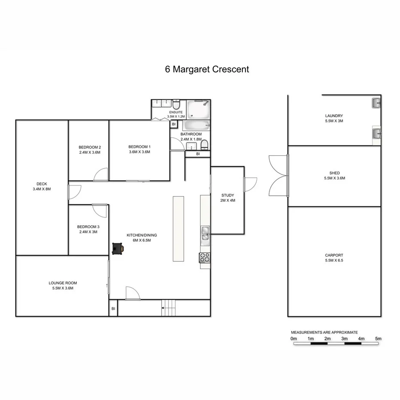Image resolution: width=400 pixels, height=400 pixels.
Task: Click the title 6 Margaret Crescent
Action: click(x=207, y=69)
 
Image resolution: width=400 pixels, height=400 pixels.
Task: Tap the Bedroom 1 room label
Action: click(x=139, y=146)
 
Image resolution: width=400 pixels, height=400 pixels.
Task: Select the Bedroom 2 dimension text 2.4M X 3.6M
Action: click(x=90, y=152)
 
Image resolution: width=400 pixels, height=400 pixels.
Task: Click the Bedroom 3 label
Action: click(x=88, y=227)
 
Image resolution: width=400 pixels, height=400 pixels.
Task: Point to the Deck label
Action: click(x=42, y=184)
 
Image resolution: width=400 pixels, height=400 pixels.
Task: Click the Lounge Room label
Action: click(x=63, y=283)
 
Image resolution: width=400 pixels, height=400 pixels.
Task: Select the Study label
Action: click(x=227, y=195)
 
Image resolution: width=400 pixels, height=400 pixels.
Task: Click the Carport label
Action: click(x=334, y=255)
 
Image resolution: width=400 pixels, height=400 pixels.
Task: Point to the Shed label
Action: click(x=334, y=173)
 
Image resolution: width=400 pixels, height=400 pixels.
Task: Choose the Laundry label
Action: click(x=334, y=115)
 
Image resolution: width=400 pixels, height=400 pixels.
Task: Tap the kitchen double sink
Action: click(x=205, y=233)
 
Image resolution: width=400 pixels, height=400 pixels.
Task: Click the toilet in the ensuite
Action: click(x=176, y=105)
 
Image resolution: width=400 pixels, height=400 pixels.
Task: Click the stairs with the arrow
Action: click(x=169, y=308)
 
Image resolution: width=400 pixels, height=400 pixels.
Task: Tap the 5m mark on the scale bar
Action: click(x=378, y=339)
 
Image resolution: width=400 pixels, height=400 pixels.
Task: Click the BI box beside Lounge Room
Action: click(x=113, y=309)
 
